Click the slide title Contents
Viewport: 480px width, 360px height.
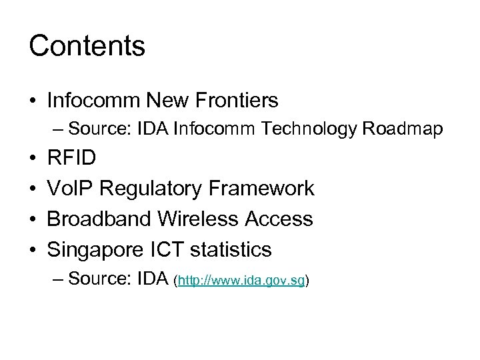pos(87,46)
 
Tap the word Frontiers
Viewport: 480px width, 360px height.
pos(238,101)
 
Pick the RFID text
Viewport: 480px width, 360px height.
pos(71,158)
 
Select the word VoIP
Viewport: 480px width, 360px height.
pos(69,189)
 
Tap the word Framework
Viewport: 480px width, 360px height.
pos(262,189)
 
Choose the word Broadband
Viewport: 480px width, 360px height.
pos(99,219)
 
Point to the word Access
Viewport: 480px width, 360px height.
pos(279,219)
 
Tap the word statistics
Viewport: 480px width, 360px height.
pos(231,249)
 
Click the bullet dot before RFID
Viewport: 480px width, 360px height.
pos(33,159)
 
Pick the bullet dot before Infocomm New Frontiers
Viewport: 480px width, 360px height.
pos(33,101)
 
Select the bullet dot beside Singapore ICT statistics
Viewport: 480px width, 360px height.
pos(33,250)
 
